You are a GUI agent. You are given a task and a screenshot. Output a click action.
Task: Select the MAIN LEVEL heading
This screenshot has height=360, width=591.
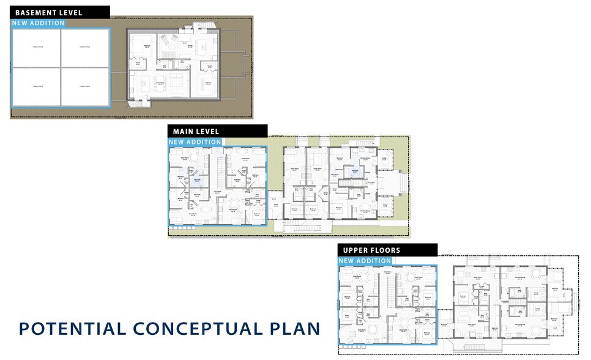[196, 131]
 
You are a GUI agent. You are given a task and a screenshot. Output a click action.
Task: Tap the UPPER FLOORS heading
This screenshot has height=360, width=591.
[371, 250]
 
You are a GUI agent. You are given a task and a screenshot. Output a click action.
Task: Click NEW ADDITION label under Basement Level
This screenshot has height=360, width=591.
[39, 23]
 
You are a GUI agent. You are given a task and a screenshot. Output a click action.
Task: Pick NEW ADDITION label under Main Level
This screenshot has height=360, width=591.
[195, 142]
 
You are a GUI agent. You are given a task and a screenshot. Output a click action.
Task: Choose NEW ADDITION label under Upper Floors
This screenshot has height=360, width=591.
[365, 261]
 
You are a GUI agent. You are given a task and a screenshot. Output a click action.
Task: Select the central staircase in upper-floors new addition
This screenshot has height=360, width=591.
[387, 291]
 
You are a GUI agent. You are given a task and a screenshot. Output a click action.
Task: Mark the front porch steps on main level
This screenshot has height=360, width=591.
[402, 182]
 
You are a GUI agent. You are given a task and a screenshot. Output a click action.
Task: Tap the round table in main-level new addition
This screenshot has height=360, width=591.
[193, 158]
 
